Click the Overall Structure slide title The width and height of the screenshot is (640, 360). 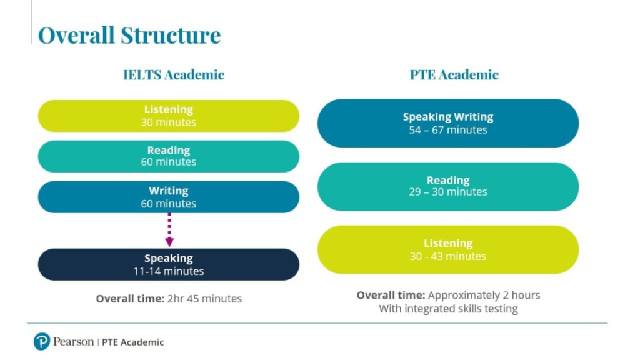point(129,35)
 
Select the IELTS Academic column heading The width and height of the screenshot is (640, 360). point(174,75)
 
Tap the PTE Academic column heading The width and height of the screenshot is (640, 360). point(454,75)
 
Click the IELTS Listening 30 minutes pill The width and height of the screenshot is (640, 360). point(169,116)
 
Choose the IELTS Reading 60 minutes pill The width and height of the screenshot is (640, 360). point(169,156)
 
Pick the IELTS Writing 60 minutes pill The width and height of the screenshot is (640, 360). point(169,197)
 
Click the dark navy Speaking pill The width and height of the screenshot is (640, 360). point(169,264)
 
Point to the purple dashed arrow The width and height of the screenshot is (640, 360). point(169,230)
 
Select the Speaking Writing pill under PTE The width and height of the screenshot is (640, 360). point(448,123)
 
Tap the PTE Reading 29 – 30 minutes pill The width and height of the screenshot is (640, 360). point(448,186)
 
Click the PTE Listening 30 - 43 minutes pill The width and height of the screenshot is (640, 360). point(448,250)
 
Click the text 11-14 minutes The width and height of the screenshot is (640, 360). point(169,271)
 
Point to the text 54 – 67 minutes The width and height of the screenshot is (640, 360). point(448,130)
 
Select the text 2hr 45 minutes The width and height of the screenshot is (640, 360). point(204,299)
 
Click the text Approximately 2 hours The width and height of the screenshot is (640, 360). point(484,296)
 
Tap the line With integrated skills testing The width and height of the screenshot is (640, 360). point(448,309)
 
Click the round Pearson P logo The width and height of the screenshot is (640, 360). point(42,342)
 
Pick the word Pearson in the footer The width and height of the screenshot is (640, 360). point(74,342)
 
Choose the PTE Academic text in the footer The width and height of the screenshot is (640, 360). point(132,342)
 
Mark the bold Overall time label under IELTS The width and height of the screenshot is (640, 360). point(130,299)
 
